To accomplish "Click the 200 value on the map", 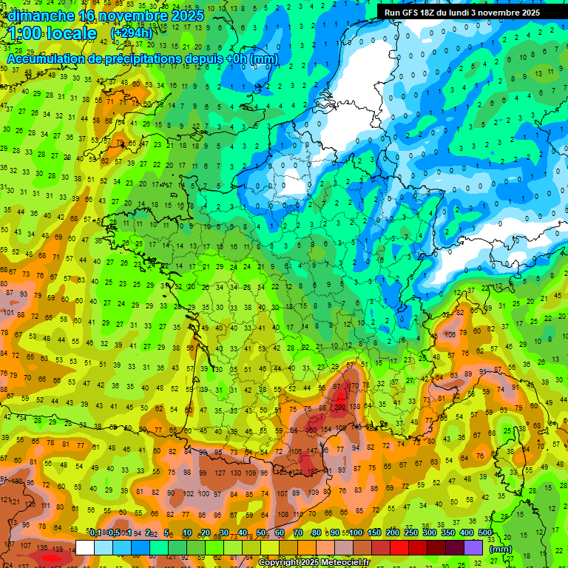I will point(341,408).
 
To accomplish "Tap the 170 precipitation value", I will point(354,385).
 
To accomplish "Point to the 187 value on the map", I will point(313,471).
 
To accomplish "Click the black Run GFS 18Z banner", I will point(461,13).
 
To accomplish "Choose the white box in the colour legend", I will point(85,547).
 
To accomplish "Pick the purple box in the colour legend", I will point(474,547).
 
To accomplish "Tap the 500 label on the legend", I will point(485,532).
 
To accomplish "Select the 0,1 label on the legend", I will point(95,532).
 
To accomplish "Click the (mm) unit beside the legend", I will point(501,549).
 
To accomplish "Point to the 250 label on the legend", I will point(411,532).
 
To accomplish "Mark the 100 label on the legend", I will point(356,532).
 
